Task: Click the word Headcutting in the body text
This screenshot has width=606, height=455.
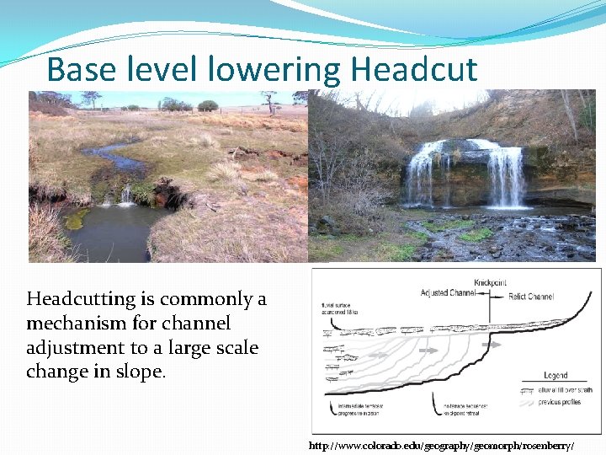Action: [81, 299]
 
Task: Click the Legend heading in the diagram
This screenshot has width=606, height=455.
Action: [555, 375]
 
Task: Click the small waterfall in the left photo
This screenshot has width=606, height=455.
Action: [126, 195]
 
